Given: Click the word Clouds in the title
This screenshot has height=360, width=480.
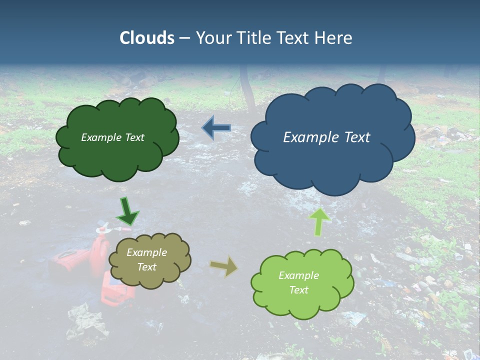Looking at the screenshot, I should coord(147,38).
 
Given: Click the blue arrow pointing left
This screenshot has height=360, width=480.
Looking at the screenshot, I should coord(216,128).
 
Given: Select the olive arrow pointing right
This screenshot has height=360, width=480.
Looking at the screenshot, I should coord(224,266).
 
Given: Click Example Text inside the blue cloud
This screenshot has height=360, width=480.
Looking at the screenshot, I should coord(326,137).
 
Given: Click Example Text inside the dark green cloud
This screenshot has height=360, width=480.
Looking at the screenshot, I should coord(112,137).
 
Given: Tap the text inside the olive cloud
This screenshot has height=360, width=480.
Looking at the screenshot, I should coord(146,260).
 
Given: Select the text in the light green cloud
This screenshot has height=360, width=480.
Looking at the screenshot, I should coord(298,282).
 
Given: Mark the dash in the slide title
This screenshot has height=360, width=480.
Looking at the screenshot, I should coord(184,38).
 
